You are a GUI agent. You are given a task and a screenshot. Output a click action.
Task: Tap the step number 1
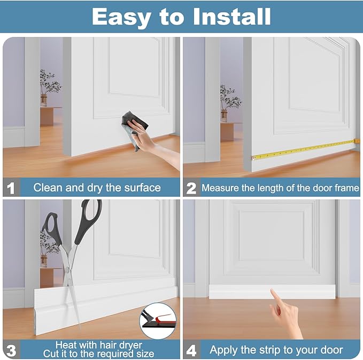pyautogui.click(x=10, y=188)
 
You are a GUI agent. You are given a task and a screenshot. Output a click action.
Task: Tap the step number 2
pyautogui.click(x=191, y=188)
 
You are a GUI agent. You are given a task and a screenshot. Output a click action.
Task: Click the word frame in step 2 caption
pyautogui.click(x=345, y=188)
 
